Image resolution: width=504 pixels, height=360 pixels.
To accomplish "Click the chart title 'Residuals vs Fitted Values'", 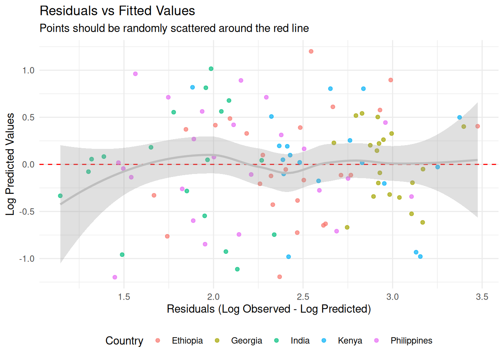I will (117, 11).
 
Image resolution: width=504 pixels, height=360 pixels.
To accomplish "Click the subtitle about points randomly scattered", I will (174, 28).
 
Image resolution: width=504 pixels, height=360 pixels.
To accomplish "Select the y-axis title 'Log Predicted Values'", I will (10, 164).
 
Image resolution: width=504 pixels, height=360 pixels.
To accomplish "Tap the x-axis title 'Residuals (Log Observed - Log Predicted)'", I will (268, 309).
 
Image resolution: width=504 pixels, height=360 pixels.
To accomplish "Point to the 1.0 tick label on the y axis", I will (28, 70).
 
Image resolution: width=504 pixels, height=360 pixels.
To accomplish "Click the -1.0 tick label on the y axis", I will (27, 259).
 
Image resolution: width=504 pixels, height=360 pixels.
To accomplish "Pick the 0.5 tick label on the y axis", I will (28, 117).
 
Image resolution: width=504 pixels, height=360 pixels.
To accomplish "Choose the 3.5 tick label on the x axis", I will (482, 297).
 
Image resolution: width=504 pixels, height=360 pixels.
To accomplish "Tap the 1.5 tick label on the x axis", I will (124, 297).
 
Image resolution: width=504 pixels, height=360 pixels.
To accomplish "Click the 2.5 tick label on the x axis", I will (303, 297).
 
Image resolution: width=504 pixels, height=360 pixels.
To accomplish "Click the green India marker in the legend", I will (276, 340).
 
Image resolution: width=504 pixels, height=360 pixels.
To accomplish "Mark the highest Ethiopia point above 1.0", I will (311, 51).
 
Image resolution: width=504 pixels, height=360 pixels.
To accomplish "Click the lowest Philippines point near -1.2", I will (115, 277).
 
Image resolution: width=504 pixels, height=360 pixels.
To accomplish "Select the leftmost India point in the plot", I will (60, 196).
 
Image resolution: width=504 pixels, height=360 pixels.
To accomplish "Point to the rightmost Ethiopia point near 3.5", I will (477, 126).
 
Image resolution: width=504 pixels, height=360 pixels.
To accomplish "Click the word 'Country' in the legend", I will (124, 340).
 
